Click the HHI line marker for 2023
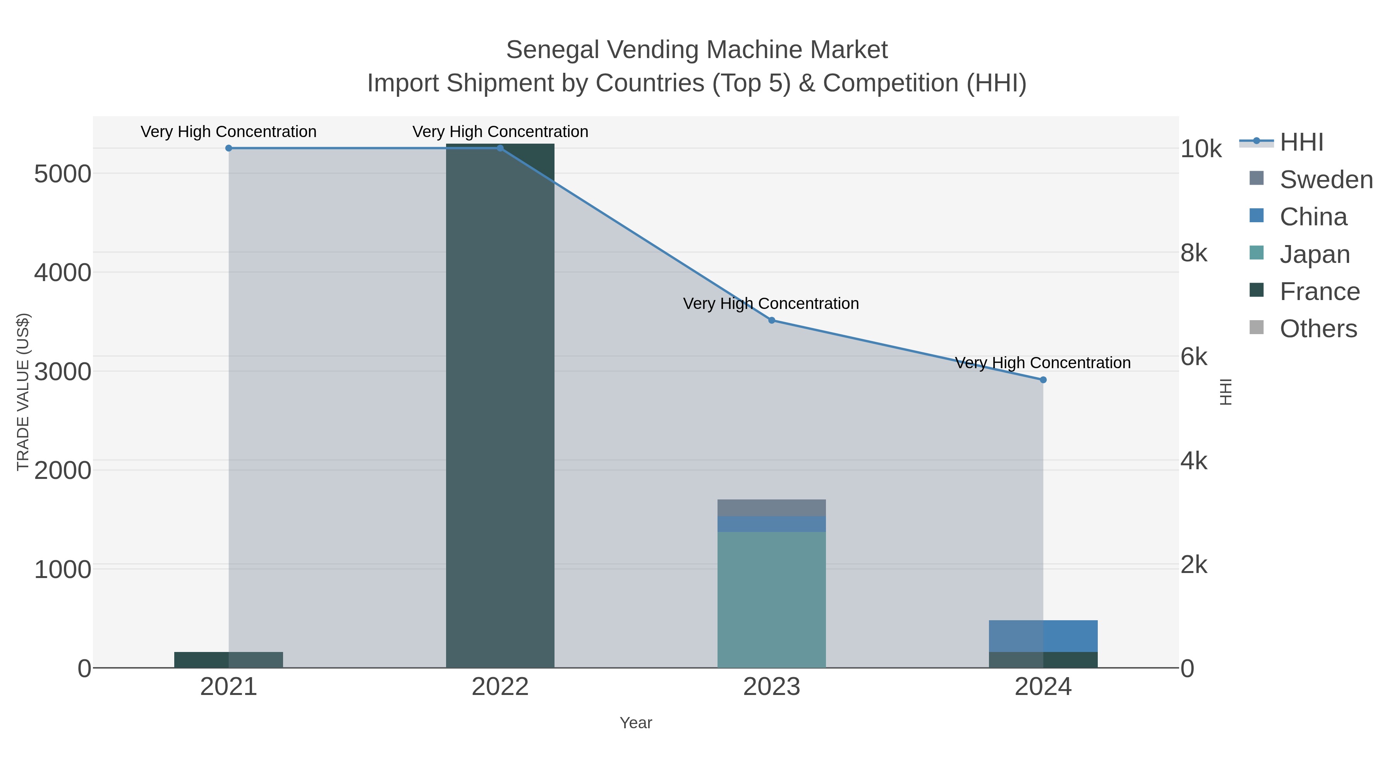(x=772, y=320)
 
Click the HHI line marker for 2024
(x=1043, y=380)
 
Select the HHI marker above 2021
(x=228, y=148)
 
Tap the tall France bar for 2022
(x=500, y=406)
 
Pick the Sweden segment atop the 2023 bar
(x=772, y=508)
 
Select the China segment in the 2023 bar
(x=772, y=524)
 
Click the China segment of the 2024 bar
(x=1043, y=636)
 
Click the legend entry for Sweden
(x=1326, y=180)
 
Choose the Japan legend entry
(x=1315, y=254)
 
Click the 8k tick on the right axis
(x=1194, y=253)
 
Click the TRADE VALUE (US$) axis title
(x=23, y=392)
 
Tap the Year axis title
(x=636, y=723)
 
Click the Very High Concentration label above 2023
(x=771, y=304)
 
